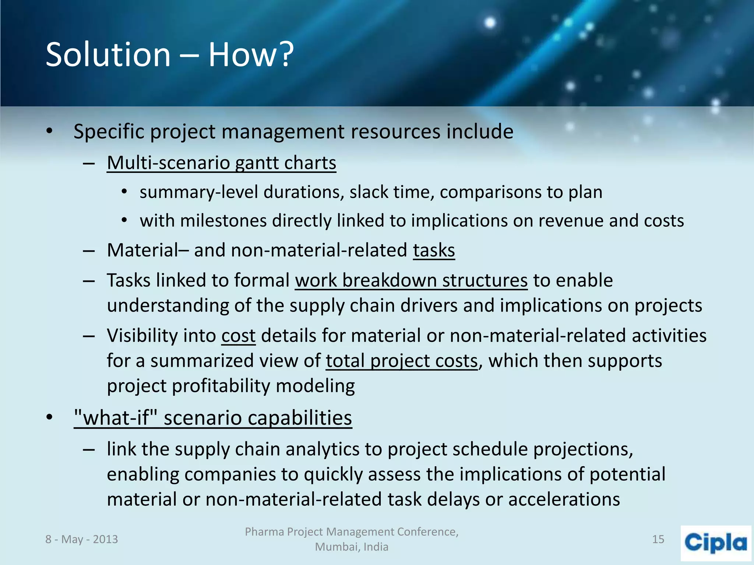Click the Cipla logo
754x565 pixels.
click(715, 543)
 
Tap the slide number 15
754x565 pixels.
click(658, 539)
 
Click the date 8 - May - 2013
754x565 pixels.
click(81, 539)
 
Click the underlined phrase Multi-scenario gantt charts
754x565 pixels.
click(221, 163)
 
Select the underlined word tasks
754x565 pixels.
click(434, 250)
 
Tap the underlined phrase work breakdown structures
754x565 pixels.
click(411, 280)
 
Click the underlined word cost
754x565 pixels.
click(238, 335)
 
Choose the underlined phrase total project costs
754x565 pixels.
click(401, 360)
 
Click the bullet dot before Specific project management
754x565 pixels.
click(50, 131)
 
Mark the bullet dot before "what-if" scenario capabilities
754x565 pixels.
click(50, 418)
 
